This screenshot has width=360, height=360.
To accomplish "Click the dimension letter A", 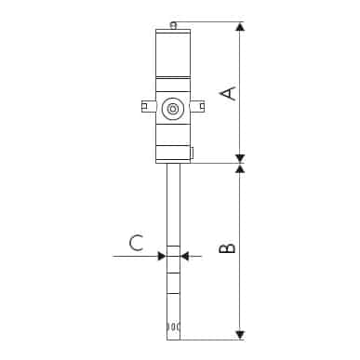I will [x=227, y=91].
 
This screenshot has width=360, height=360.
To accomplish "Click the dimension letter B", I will [x=227, y=248].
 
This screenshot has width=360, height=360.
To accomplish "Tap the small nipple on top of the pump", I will [x=172, y=24].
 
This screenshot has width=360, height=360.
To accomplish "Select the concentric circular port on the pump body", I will [x=172, y=109].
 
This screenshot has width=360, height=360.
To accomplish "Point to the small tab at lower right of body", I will [x=191, y=153].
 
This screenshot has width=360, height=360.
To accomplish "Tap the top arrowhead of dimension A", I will [x=240, y=27].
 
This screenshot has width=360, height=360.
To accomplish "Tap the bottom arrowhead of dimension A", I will [x=240, y=157].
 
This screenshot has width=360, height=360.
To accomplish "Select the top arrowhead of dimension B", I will [x=240, y=169].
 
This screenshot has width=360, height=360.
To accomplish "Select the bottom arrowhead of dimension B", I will [x=240, y=333].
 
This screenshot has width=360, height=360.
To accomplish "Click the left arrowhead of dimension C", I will [x=161, y=256].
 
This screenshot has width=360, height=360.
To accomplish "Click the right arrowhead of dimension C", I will [x=185, y=256].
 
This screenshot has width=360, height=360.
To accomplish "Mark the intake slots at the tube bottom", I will [x=172, y=327].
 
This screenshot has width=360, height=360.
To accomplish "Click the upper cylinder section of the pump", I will [x=172, y=51].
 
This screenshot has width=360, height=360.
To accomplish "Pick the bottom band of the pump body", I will [x=172, y=153].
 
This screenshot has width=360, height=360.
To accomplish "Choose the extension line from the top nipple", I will [x=209, y=22].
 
